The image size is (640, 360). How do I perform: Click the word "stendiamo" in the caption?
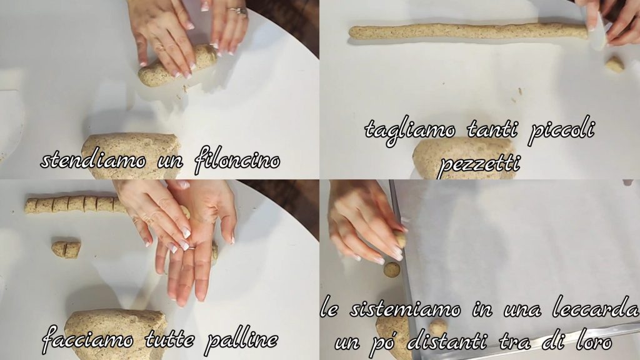tap(93, 161)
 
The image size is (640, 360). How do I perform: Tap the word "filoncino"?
tap(237, 161)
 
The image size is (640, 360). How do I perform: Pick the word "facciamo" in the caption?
tap(87, 339)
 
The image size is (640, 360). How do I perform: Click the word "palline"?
tap(241, 339)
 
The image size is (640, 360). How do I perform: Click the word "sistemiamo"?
tap(405, 309)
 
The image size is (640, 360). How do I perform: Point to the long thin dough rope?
tap(467, 31)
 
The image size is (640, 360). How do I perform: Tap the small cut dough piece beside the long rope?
tap(615, 64)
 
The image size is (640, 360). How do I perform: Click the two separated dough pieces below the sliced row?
tap(66, 249)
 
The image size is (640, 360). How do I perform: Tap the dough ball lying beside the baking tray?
tap(392, 270)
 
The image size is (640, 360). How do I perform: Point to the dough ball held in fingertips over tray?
tap(401, 240)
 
